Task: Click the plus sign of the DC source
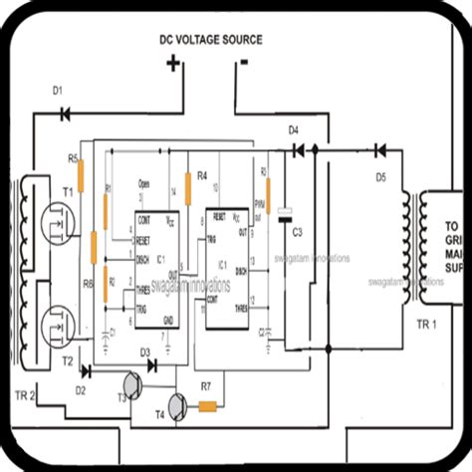click(173, 65)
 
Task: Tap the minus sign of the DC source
click(242, 63)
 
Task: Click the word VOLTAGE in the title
click(210, 41)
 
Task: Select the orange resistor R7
click(208, 405)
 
